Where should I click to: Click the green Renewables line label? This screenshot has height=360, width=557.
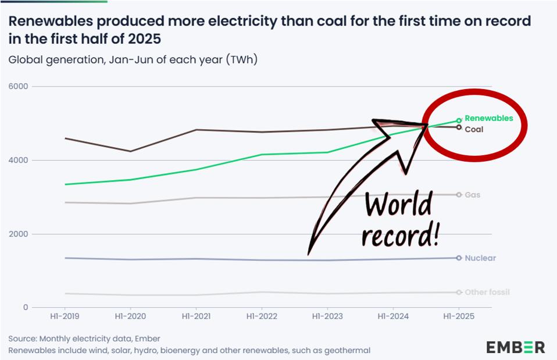pos(488,118)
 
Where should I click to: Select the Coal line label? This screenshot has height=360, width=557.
pos(474,129)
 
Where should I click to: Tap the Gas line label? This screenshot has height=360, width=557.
pos(472,195)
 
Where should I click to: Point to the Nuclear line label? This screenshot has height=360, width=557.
pos(480,258)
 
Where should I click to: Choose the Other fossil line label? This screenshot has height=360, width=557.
pos(487,292)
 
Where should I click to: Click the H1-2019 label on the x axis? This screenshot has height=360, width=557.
pos(64,316)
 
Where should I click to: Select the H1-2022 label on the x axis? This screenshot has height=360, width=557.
pos(262,316)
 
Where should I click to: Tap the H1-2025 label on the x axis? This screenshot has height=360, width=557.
pos(459,316)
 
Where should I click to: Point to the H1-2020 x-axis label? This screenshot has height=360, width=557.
pos(130,316)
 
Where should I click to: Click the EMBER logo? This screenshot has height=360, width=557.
pos(515,347)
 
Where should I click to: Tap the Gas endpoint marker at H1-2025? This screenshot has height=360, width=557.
pos(459,195)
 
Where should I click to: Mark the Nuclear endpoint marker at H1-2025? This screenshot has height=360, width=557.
pos(459,258)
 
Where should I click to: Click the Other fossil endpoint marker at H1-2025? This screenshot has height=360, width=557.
pos(459,292)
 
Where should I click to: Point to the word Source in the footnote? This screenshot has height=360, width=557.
pos(22,338)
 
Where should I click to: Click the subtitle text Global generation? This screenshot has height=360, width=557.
pos(56,59)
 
